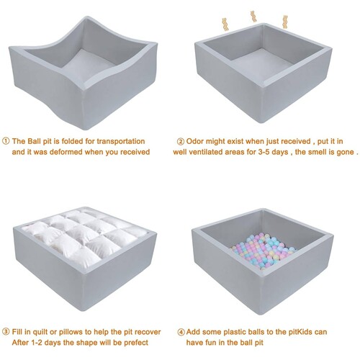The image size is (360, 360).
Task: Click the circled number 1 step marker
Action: click(6, 141)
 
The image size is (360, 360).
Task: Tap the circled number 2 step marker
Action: click(181, 142)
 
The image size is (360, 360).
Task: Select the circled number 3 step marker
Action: click(6, 332)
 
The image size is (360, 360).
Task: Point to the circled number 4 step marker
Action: click(181, 332)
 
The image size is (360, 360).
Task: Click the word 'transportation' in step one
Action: click(121, 141)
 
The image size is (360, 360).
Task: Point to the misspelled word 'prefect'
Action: click(136, 343)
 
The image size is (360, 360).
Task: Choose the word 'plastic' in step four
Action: click(235, 332)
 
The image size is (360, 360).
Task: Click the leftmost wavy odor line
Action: click(225, 24)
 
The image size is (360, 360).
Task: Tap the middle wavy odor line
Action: click(253, 16)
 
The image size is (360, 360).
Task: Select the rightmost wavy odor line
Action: click(285, 22)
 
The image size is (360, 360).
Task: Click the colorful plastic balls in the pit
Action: click(263, 251)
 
